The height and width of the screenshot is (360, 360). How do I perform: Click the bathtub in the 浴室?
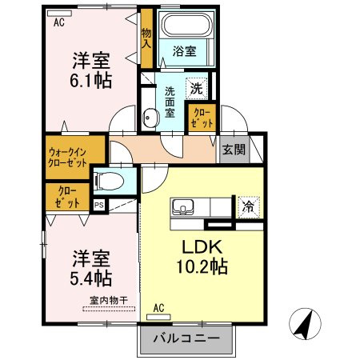click(188, 24)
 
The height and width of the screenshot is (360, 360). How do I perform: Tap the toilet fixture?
click(110, 181)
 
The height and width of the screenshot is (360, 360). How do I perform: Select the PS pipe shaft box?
click(99, 206)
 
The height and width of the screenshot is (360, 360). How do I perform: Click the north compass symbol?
click(305, 324)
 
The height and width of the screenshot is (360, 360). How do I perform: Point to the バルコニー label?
click(186, 338)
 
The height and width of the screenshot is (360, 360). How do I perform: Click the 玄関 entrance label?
click(234, 150)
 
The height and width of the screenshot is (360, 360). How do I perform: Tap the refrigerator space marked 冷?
click(249, 207)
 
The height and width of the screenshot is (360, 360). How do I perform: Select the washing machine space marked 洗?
click(197, 89)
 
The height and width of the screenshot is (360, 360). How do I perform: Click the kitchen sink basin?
click(182, 206)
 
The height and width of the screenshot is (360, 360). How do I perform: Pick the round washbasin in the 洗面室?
click(150, 118)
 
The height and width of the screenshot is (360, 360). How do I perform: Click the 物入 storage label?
click(146, 38)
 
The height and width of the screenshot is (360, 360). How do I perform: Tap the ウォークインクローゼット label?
click(67, 158)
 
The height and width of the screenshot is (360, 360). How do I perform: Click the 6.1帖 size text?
click(90, 80)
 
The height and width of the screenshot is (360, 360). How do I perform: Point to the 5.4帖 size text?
click(90, 278)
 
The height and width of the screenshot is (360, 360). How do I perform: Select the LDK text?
click(202, 247)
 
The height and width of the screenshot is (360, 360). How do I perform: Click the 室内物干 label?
click(109, 301)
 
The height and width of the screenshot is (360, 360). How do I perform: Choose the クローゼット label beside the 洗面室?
click(202, 118)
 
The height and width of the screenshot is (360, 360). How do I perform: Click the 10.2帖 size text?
click(202, 266)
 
